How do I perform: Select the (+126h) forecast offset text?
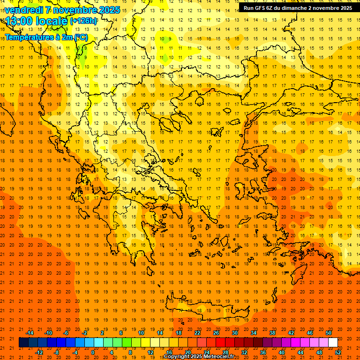[83, 21]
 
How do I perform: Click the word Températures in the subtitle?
[28, 37]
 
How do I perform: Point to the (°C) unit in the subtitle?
[80, 37]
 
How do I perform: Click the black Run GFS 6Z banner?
[298, 8]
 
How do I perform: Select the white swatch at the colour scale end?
[333, 343]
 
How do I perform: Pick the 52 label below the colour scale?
[338, 352]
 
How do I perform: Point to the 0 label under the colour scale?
[93, 352]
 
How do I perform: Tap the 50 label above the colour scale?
[328, 333]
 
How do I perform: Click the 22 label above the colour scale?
[197, 333]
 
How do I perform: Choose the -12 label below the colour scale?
[39, 352]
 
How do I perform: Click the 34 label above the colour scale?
[254, 333]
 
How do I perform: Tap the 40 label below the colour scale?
[282, 352]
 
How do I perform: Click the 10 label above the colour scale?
[141, 333]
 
